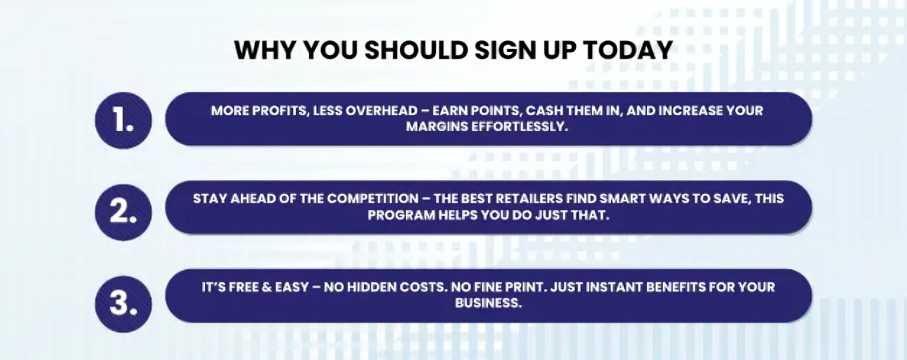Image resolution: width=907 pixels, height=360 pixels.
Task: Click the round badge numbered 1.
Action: (124, 121)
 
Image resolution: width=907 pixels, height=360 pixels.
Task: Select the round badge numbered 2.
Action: (124, 212)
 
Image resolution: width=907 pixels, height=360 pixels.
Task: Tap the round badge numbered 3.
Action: (124, 304)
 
